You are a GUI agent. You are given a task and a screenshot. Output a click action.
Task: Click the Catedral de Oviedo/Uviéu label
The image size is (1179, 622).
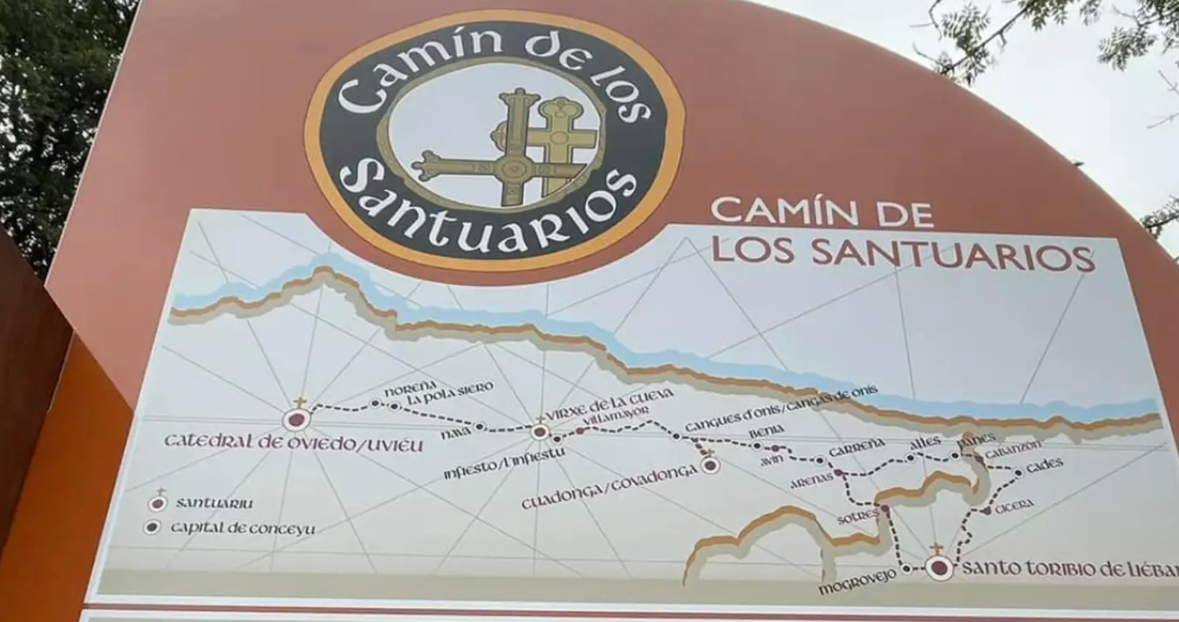(293, 443)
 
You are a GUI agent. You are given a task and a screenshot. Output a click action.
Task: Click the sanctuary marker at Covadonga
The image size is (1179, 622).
(710, 465)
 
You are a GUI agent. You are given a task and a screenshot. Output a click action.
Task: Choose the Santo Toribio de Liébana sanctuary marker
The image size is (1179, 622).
(940, 568)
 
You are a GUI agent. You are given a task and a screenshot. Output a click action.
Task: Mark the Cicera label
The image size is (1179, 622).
(1014, 506)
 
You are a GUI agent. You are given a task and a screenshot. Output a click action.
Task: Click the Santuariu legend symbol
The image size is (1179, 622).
(158, 504)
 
